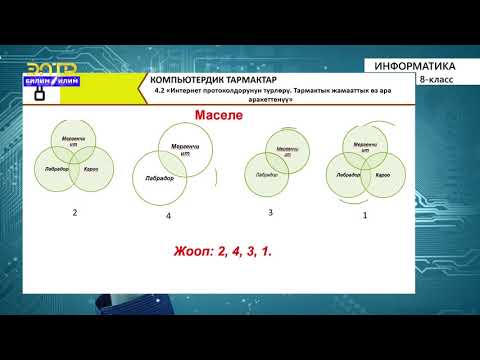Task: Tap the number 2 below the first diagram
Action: click(73, 213)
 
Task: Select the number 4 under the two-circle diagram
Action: click(168, 216)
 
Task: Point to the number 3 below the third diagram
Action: click(270, 212)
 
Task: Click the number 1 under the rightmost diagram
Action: click(365, 214)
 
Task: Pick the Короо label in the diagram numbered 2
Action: click(90, 170)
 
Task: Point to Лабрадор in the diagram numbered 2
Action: click(57, 170)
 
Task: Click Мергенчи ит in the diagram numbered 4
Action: click(185, 150)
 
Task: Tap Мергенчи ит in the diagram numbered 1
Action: click(365, 148)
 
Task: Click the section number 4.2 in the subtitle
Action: click(158, 90)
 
